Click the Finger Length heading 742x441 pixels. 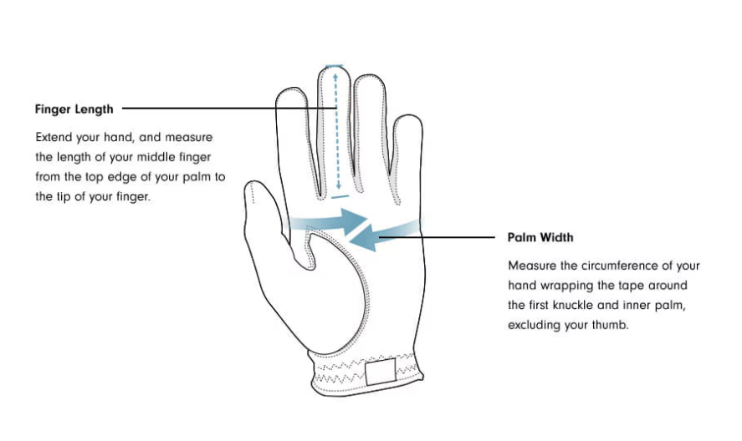click(74, 109)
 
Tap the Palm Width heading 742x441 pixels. click(540, 237)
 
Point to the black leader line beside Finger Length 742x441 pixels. click(226, 108)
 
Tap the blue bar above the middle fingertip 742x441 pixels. click(336, 66)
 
